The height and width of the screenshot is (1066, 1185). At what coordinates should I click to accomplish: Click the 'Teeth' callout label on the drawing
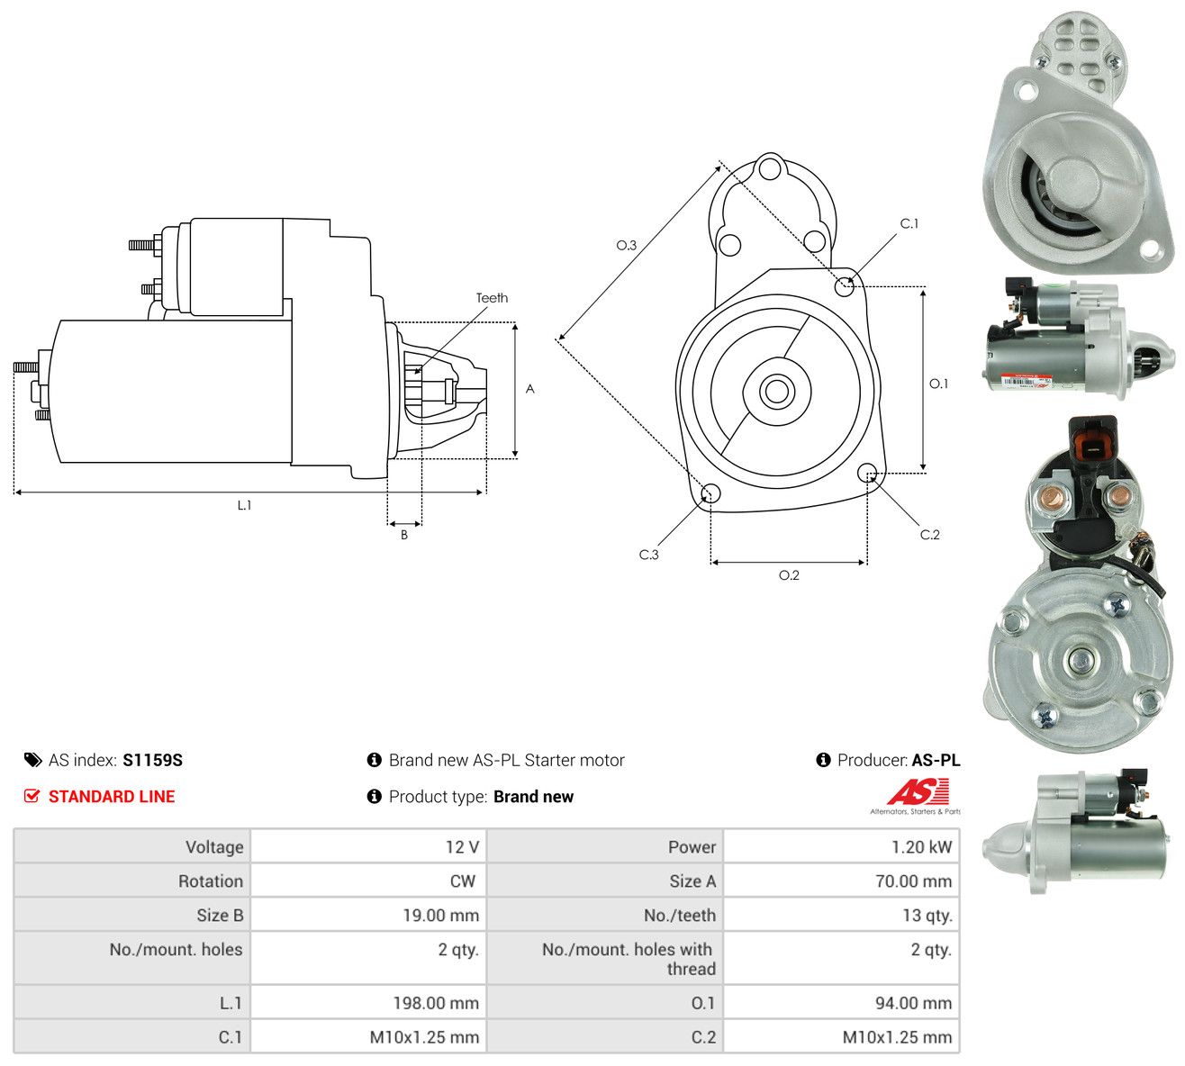coord(492,298)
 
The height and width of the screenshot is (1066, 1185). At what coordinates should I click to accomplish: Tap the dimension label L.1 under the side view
coord(244,505)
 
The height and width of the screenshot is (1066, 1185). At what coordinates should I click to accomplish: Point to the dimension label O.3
coord(626,245)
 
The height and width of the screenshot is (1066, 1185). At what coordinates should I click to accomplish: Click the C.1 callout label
coord(909,223)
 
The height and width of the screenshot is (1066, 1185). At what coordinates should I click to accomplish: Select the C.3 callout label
coord(648,555)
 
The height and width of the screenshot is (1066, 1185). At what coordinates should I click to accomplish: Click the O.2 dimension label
coord(789,575)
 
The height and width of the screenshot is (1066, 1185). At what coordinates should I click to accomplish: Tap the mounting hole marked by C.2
coord(866,473)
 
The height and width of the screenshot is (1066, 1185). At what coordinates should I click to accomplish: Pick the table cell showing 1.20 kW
coord(841,847)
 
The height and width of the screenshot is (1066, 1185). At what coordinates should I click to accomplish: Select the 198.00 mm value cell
coord(368,1003)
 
